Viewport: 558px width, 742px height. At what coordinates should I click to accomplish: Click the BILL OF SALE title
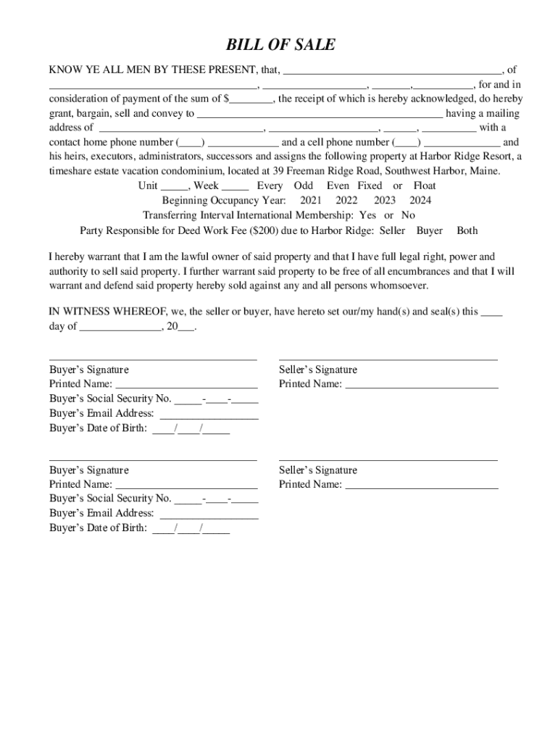pos(280,45)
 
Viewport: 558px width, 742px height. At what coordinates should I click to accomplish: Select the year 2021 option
pos(311,201)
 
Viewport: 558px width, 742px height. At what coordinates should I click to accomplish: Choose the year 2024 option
pos(420,201)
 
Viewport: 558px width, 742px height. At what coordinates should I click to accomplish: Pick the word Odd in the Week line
pos(304,185)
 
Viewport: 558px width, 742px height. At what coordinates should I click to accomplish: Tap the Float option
pos(425,185)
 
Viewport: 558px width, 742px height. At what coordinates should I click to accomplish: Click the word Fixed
pos(370,185)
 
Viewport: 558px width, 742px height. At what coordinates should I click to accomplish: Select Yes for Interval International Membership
pos(367,215)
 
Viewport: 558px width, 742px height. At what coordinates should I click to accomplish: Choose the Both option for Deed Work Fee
pos(467,230)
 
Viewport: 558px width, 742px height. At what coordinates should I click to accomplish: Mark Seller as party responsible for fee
pos(393,230)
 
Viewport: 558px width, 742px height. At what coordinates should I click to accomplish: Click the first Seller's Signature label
pos(318,370)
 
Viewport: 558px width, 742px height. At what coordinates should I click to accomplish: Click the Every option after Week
pos(270,185)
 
